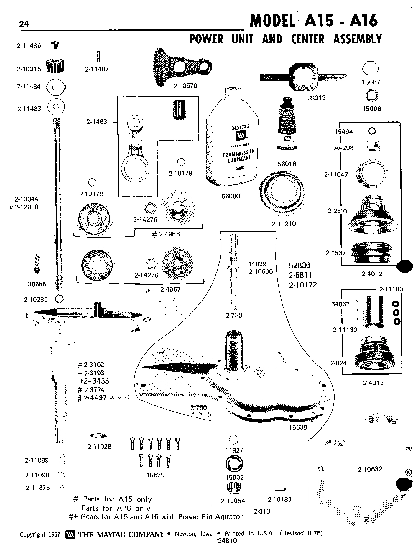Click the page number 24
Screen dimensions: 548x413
pyautogui.click(x=24, y=24)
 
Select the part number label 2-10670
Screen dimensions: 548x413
pyautogui.click(x=185, y=86)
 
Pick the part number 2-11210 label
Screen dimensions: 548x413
pyautogui.click(x=284, y=224)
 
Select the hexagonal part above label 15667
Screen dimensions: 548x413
pyautogui.click(x=370, y=69)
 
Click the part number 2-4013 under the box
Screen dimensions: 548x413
pyautogui.click(x=373, y=383)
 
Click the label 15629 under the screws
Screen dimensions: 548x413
pyautogui.click(x=155, y=475)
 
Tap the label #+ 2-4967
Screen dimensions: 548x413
pyautogui.click(x=163, y=290)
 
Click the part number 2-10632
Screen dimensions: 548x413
pyautogui.click(x=370, y=469)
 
